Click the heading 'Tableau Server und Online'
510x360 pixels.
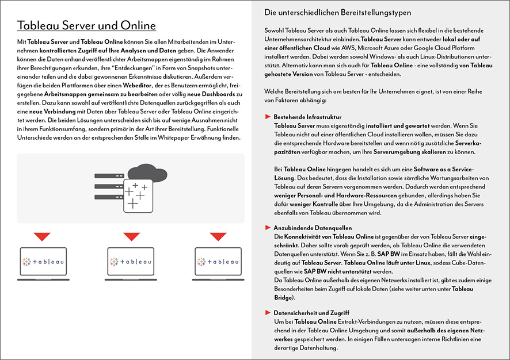tap(86, 26)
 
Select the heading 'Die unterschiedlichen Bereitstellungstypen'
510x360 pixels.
tap(337, 12)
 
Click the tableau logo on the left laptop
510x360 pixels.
tap(43, 262)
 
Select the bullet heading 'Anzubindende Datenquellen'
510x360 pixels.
tap(313, 228)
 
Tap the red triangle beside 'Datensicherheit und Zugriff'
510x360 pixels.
tap(268, 312)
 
